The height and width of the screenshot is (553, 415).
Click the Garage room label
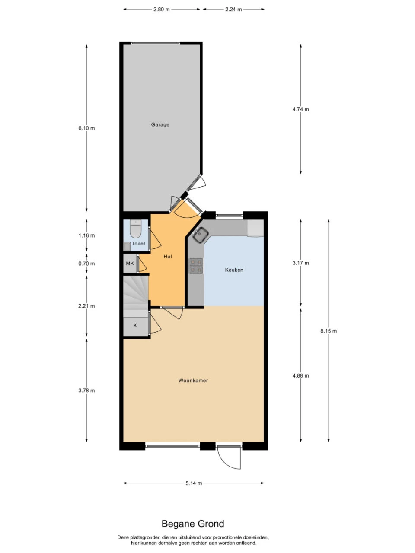pyautogui.click(x=160, y=124)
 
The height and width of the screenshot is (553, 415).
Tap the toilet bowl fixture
pyautogui.click(x=136, y=229)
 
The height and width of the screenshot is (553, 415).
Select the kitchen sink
pyautogui.click(x=200, y=235)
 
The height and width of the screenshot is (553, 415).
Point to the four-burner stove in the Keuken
pyautogui.click(x=196, y=266)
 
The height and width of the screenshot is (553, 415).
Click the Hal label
pyautogui.click(x=168, y=257)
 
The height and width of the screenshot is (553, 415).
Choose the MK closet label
pyautogui.click(x=130, y=264)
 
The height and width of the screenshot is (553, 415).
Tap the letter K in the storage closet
pyautogui.click(x=135, y=325)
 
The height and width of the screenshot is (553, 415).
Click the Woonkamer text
pyautogui.click(x=193, y=381)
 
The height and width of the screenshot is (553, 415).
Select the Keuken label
pyautogui.click(x=234, y=270)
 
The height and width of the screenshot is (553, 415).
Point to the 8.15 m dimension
pyautogui.click(x=329, y=331)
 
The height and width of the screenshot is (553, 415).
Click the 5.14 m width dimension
pyautogui.click(x=194, y=483)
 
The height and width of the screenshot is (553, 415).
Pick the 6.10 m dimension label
pyautogui.click(x=86, y=128)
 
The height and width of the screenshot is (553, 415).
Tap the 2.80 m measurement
pyautogui.click(x=162, y=10)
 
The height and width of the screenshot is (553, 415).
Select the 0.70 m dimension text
pyautogui.click(x=86, y=264)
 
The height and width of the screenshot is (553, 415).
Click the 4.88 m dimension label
pyautogui.click(x=300, y=375)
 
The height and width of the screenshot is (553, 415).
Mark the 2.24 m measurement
pyautogui.click(x=233, y=10)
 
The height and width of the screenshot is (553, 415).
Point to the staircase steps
pyautogui.click(x=136, y=296)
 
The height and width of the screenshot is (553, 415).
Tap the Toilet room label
pyautogui.click(x=139, y=244)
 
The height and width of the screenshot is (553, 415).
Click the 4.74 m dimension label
pyautogui.click(x=300, y=109)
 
